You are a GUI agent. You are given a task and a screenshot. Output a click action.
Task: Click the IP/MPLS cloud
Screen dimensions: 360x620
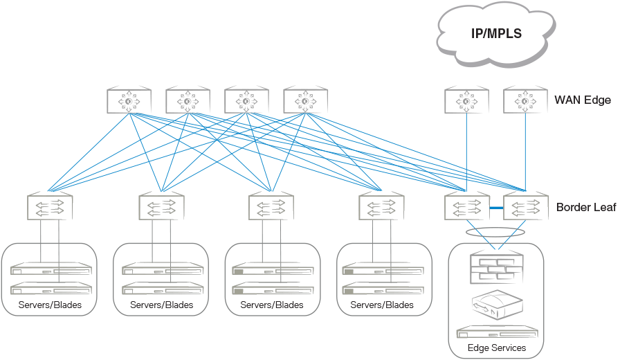[495, 33]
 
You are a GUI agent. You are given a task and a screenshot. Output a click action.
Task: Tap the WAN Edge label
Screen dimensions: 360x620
[583, 100]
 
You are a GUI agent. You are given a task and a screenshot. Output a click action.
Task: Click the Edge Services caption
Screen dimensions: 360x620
[496, 348]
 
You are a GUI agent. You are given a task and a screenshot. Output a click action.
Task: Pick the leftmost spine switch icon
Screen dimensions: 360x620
[129, 101]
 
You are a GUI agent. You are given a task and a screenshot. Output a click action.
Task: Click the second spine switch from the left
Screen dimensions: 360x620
[188, 101]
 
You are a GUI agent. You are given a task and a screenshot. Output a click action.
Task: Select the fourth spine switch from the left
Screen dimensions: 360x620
[305, 101]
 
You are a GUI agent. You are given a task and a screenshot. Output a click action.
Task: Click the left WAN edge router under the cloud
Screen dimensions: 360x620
[466, 101]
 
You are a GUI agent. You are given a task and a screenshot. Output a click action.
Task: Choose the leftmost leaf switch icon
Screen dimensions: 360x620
[50, 206]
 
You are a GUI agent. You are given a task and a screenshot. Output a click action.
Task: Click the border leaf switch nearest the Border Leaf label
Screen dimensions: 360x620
[525, 206]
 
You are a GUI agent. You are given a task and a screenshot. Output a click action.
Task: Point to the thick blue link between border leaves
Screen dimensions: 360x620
[496, 207]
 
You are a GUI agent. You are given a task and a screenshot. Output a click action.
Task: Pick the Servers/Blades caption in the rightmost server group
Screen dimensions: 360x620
[382, 305]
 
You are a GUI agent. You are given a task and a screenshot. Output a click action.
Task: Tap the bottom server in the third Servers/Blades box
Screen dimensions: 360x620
[271, 287]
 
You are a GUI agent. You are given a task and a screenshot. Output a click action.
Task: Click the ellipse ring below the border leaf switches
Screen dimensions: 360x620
[495, 234]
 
